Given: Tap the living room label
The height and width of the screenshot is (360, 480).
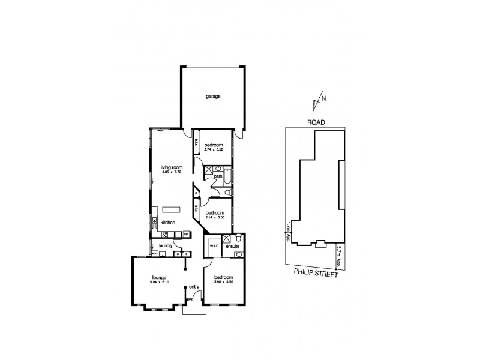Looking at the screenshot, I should coord(171,167).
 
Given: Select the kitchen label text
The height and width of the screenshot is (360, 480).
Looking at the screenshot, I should coord(167,223).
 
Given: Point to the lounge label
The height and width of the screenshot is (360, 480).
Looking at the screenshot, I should coord(158,277).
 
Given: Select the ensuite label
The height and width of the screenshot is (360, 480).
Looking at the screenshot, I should coord(232,245).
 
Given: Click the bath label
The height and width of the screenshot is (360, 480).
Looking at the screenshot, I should coord(227,176).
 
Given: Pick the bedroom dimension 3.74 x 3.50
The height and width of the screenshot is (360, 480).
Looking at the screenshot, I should coord(214,151).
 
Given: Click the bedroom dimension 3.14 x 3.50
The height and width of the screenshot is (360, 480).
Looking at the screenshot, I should coord(214,218).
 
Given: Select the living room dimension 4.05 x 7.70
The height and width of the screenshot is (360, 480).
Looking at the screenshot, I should coord(171,173).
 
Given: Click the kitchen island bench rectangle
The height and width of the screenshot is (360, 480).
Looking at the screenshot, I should coord(171,209).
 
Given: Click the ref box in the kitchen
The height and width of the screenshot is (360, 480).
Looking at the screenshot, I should coord(187,233).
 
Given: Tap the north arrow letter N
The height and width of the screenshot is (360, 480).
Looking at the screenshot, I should coord(324,99).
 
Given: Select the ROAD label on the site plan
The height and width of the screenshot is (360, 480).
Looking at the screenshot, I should coord(316,122).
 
